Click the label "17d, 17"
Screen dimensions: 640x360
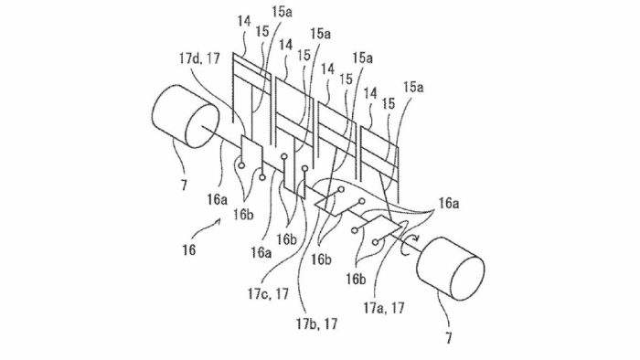click(199, 58)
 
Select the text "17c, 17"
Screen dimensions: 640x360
click(268, 293)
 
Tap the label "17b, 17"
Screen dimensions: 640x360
click(316, 323)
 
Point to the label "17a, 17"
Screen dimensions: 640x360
click(384, 307)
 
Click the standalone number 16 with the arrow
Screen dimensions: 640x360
click(188, 249)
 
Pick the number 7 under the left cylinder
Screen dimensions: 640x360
click(184, 185)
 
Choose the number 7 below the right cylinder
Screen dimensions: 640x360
click(449, 338)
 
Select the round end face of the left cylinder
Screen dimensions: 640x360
click(202, 125)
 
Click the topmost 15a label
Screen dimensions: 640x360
click(282, 11)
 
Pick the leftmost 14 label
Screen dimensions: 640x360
click(244, 21)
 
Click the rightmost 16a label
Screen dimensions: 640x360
click(449, 203)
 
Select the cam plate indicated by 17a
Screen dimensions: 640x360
click(384, 226)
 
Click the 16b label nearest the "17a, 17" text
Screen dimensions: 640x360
click(357, 279)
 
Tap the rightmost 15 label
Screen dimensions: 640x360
click(389, 104)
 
